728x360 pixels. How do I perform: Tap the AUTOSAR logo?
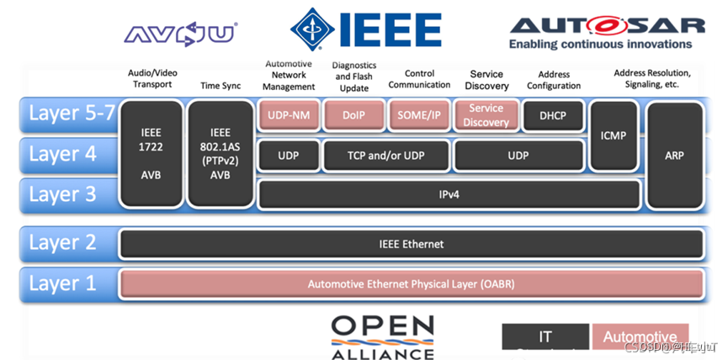click(x=600, y=31)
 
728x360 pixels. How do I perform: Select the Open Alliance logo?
click(x=382, y=336)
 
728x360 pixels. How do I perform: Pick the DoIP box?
click(x=353, y=116)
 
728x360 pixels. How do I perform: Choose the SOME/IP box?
click(x=419, y=116)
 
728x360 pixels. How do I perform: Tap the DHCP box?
click(x=553, y=116)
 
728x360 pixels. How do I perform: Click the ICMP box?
click(x=614, y=135)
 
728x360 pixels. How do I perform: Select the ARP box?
click(x=674, y=156)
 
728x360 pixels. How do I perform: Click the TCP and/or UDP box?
click(x=386, y=156)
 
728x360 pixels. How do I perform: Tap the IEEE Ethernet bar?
click(x=412, y=244)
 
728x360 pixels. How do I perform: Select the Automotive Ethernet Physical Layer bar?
click(x=412, y=284)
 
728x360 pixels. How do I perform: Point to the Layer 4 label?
click(x=63, y=155)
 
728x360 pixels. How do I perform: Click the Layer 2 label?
click(x=63, y=244)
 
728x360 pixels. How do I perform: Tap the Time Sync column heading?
click(x=221, y=86)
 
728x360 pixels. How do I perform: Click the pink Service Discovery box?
click(x=486, y=116)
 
